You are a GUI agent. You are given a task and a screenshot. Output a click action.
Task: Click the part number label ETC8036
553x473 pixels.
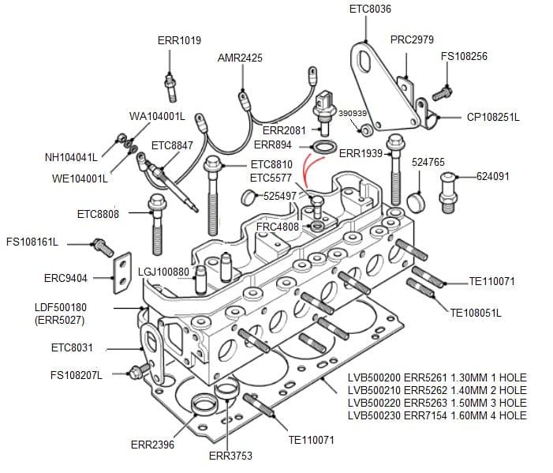(370, 9)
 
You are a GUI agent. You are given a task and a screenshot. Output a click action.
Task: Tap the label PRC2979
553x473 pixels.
(412, 39)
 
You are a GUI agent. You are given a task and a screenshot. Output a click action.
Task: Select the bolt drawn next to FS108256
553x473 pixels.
(443, 92)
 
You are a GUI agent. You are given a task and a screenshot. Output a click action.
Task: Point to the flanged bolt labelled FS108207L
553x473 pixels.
(140, 370)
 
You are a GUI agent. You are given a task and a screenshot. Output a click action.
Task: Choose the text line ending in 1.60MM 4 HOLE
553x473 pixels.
(436, 415)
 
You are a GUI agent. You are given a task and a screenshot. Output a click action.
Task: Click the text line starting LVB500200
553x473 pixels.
(436, 377)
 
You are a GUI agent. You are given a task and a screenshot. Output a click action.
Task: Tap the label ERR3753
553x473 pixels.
(230, 456)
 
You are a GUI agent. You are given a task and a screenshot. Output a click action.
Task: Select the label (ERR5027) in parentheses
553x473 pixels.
(60, 320)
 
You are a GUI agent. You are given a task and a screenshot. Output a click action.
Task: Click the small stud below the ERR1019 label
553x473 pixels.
(170, 81)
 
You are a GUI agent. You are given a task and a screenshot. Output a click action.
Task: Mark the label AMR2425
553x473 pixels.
(240, 58)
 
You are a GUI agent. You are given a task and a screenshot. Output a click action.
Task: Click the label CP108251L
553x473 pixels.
(493, 117)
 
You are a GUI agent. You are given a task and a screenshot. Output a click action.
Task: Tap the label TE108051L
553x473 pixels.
(476, 313)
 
